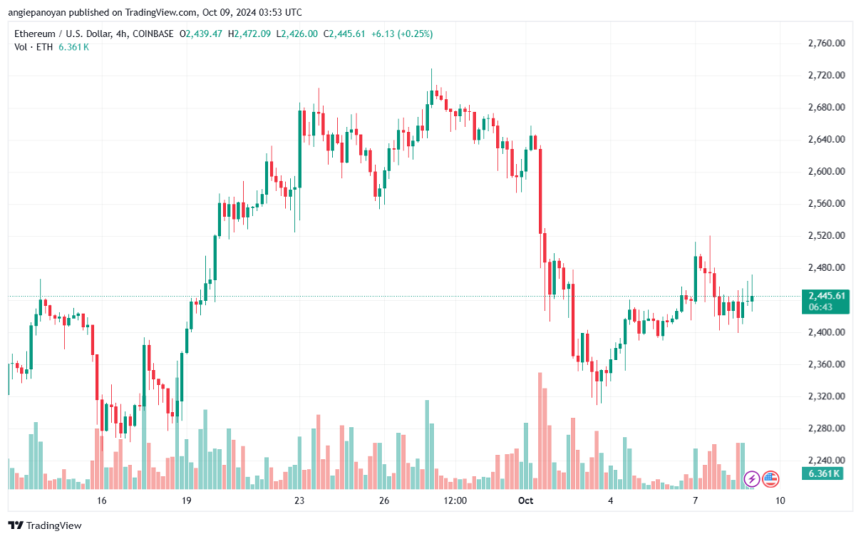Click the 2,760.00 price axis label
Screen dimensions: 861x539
coord(827,44)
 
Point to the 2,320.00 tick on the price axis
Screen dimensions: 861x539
coord(827,396)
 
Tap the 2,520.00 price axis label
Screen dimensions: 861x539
coord(827,235)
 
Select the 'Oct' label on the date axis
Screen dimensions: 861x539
coord(526,500)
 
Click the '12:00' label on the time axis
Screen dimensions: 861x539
coord(455,500)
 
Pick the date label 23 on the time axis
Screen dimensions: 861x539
coord(298,500)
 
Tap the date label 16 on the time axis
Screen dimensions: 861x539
coord(101,500)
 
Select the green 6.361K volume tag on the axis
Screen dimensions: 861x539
coord(822,473)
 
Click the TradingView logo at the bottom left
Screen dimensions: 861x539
coord(45,526)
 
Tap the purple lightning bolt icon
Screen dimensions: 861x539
coord(752,479)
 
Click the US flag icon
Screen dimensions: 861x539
coord(770,479)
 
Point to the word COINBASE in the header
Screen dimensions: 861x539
coord(153,34)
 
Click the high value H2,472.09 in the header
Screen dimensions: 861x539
coord(249,34)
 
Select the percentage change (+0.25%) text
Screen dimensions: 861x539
coord(415,34)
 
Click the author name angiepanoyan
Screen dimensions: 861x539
coord(37,12)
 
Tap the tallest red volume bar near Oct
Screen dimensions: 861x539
coord(541,431)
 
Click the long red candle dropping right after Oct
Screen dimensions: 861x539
coord(541,191)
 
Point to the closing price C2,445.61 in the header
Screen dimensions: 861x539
coord(344,34)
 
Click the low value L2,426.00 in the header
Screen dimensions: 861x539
coord(297,34)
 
